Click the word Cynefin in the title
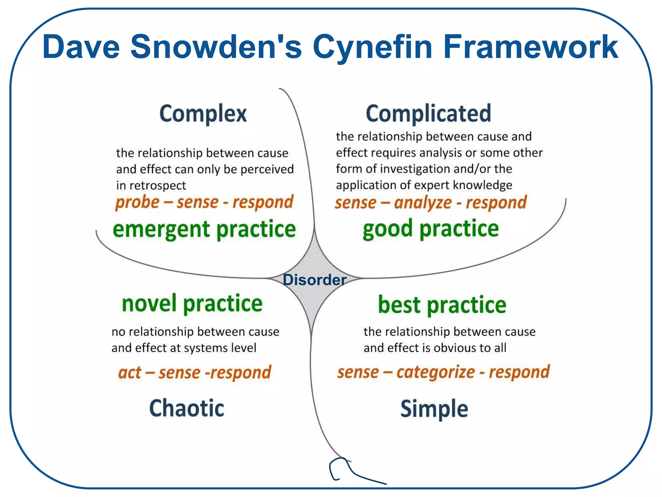click(372, 48)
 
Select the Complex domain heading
click(203, 114)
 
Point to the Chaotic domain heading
click(187, 408)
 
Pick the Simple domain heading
click(434, 409)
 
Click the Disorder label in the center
click(315, 280)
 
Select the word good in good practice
click(387, 229)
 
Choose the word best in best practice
click(399, 305)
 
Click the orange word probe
click(137, 203)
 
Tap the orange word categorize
click(435, 372)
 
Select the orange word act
click(130, 373)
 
